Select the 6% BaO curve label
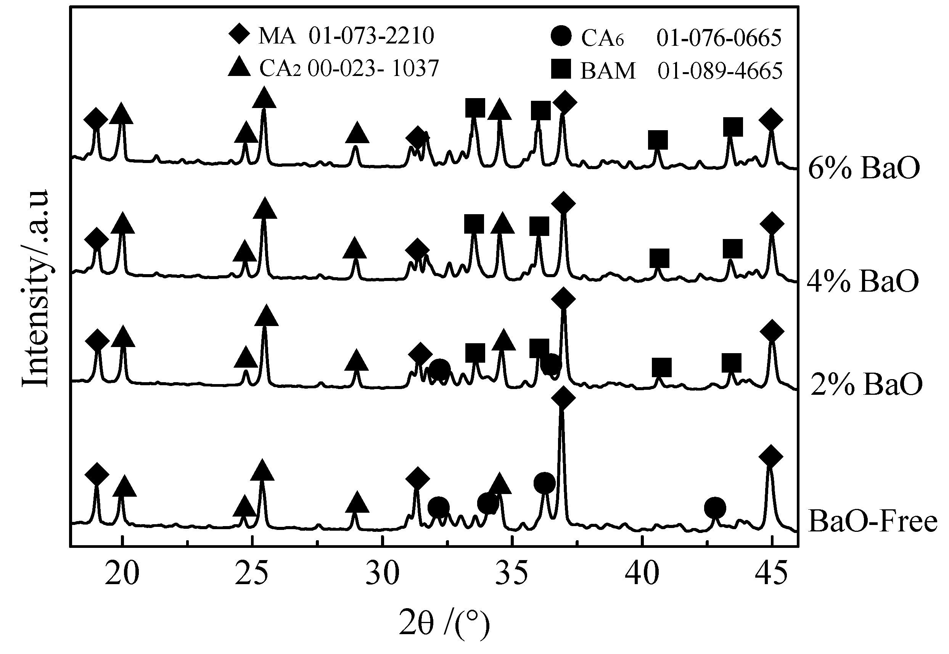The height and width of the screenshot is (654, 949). pos(864,168)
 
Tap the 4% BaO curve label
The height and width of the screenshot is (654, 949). pos(863,281)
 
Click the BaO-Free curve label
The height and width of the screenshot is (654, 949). pos(873,522)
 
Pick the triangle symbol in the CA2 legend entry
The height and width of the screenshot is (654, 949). pos(239,66)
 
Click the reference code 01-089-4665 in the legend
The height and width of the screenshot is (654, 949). pos(720,71)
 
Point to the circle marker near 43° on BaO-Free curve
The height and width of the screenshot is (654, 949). pos(715,508)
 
